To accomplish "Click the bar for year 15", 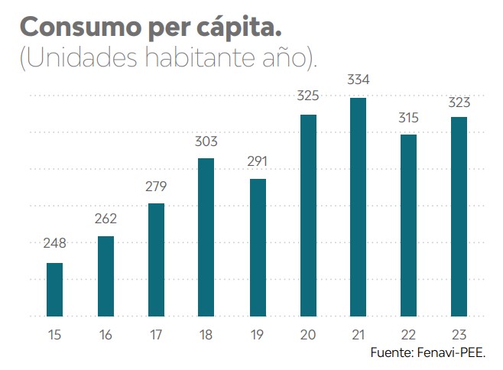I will pos(55,289).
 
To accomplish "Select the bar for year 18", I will pos(206,236).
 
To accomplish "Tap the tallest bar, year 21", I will pos(358,206).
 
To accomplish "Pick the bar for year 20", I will pos(308,215).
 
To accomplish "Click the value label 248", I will pos(55,244).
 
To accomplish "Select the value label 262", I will pos(105,219).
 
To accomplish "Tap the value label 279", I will pos(156,187).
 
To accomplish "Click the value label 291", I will pos(257,161).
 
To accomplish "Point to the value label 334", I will pos(359,80).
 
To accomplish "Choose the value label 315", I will pos(408,117).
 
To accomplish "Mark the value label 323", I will pos(459,101).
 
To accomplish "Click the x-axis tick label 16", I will pos(105,334).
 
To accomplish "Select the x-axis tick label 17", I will pos(156,334).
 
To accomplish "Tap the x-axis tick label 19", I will pos(257,334).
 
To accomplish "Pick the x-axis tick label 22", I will pos(408,334).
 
